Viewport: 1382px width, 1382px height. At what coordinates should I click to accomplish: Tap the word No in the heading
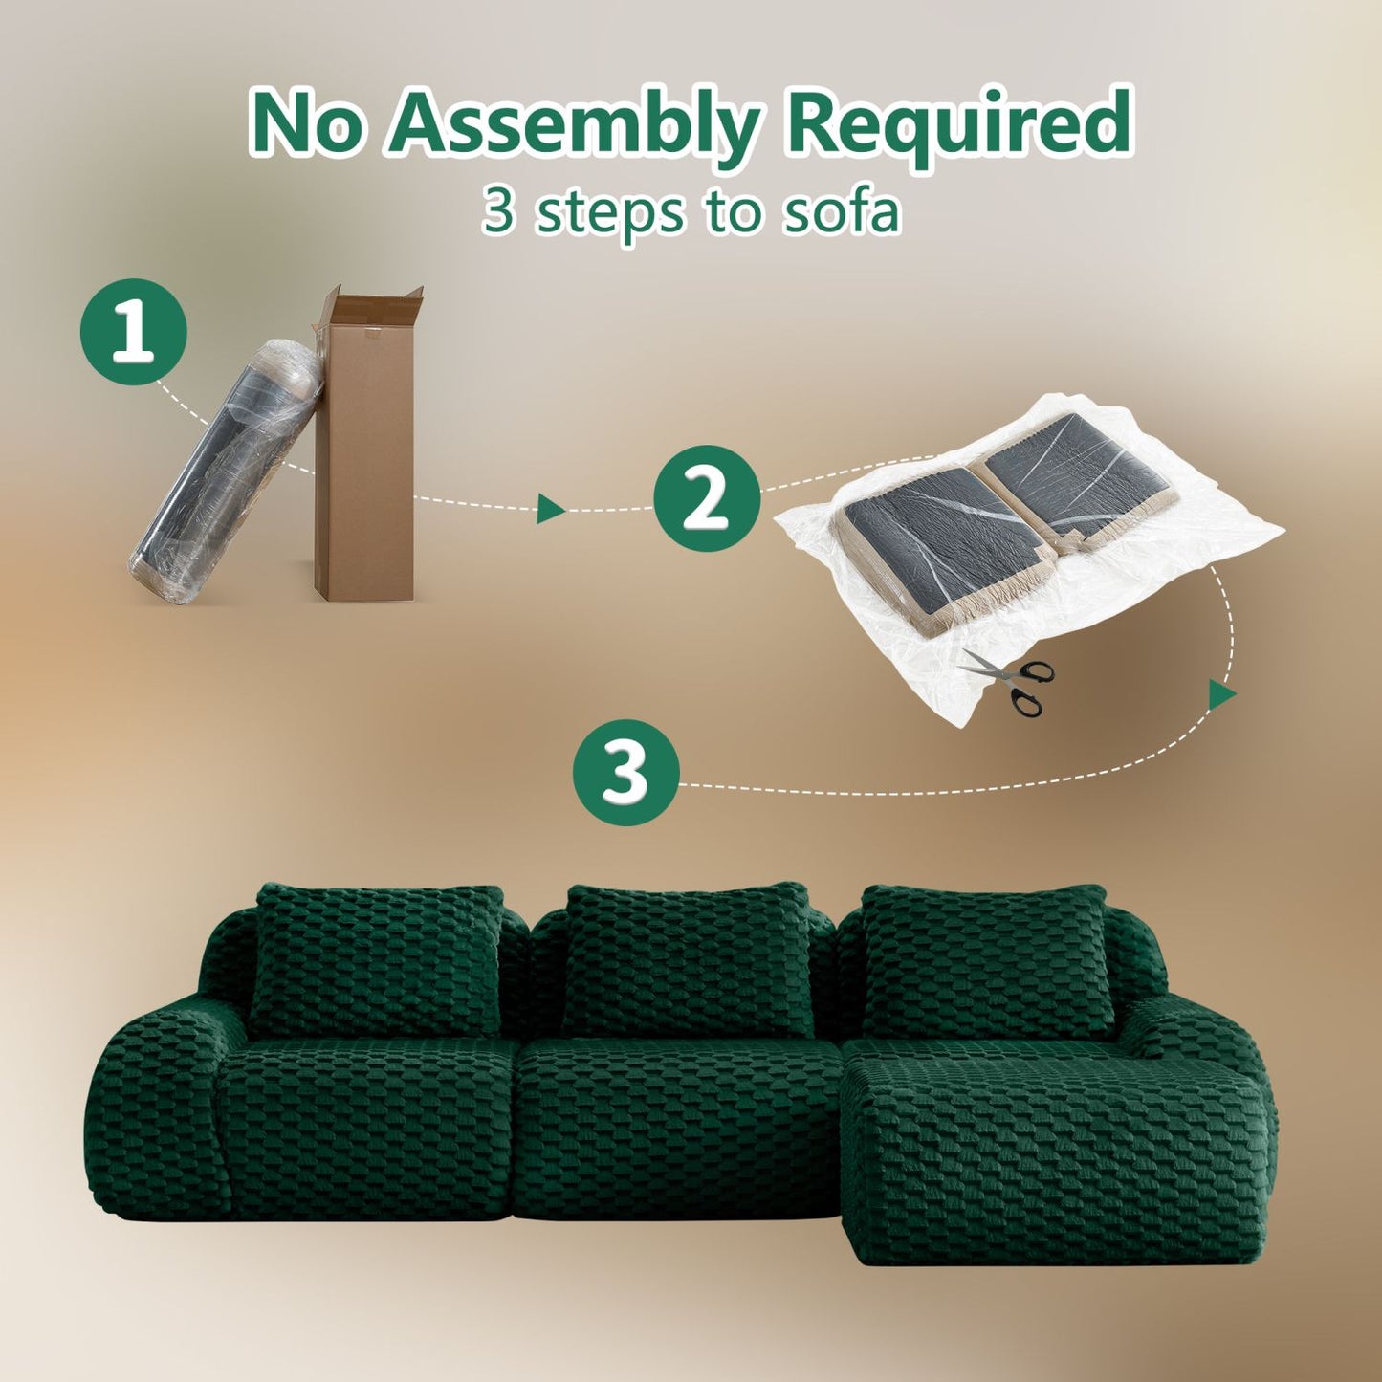[x=311, y=121]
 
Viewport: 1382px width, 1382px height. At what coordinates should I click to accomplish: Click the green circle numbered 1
[x=134, y=331]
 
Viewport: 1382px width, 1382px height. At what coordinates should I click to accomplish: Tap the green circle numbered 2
[x=706, y=499]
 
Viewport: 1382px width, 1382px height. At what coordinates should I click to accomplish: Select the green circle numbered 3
[x=626, y=774]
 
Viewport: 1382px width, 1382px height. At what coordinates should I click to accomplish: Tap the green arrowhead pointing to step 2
[x=551, y=509]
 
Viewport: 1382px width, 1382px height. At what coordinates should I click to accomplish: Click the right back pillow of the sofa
[x=988, y=959]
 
